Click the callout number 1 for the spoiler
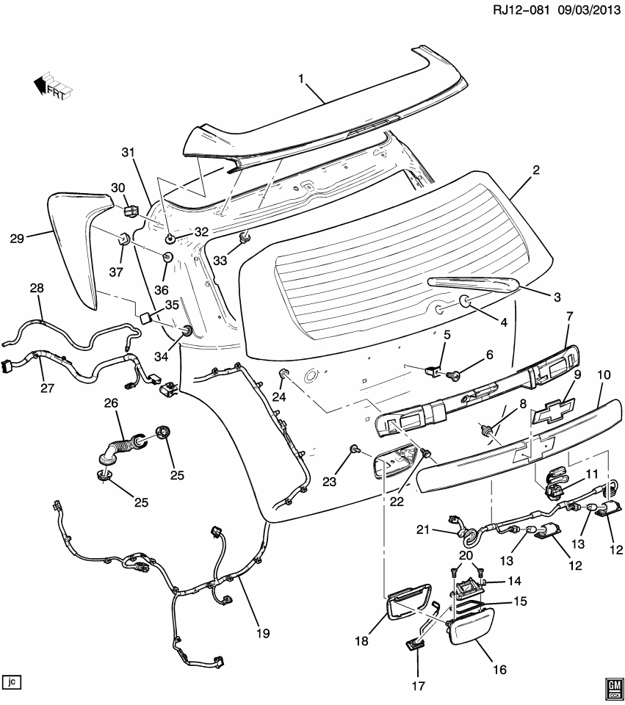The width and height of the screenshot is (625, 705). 300,78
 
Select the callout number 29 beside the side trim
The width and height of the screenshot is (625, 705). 17,237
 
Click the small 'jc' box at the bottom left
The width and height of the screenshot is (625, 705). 11,682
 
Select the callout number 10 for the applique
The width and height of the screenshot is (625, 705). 603,375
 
